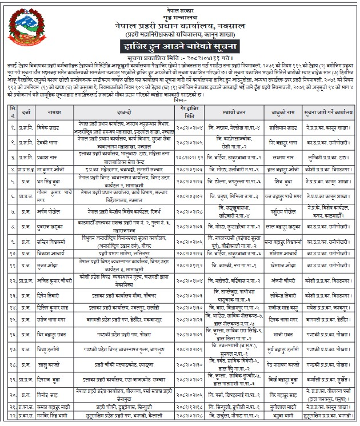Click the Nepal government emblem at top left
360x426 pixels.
(26, 32)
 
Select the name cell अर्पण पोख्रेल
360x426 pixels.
(55, 211)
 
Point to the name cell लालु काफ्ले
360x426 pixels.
(55, 363)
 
